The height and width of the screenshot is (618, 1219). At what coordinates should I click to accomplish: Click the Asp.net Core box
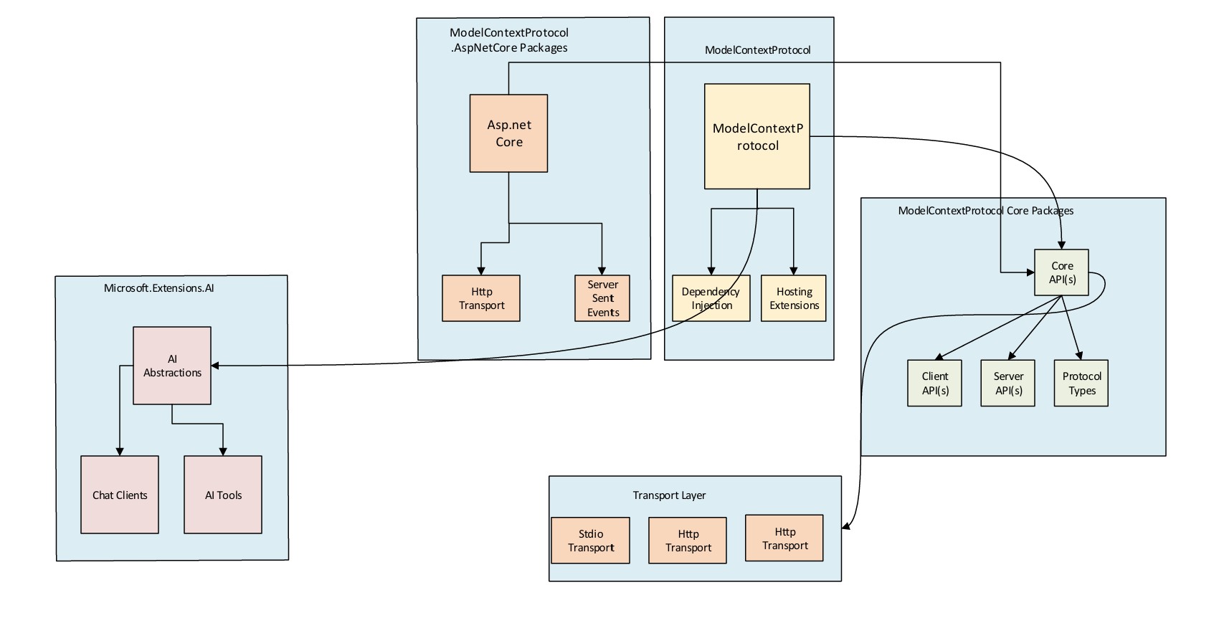point(508,133)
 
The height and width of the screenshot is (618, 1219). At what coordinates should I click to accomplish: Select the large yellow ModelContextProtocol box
point(757,136)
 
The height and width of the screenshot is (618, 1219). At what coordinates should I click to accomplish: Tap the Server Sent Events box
point(602,298)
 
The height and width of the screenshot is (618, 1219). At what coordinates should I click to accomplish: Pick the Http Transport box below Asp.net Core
point(481,298)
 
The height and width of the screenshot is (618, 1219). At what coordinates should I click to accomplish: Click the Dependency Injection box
point(711,298)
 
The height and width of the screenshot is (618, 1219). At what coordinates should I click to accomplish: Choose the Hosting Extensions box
point(794,298)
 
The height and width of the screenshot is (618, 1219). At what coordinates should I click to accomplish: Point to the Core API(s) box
point(1061,272)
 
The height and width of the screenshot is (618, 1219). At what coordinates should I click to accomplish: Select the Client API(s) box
point(934,384)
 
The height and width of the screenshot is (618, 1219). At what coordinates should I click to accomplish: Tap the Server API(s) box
point(1007,384)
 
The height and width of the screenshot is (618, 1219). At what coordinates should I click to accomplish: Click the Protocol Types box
point(1081,384)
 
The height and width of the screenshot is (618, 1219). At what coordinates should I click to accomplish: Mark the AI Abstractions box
point(172,366)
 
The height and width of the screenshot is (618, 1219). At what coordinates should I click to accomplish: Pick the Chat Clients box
point(120,495)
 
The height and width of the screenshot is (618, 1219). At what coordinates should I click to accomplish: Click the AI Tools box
point(223,495)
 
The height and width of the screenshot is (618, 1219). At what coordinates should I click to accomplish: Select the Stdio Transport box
point(591,541)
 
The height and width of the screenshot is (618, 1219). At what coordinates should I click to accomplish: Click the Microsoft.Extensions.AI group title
point(159,288)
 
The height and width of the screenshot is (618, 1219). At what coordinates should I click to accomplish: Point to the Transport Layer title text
point(669,495)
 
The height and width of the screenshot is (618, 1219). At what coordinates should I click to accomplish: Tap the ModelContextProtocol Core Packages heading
point(986,211)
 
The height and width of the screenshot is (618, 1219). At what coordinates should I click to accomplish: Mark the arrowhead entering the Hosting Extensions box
point(794,271)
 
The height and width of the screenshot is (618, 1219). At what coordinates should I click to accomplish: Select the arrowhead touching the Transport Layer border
point(846,528)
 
